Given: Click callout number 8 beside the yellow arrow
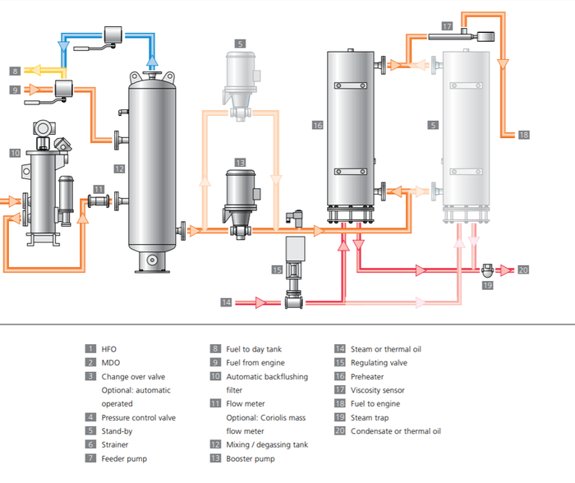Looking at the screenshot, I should (x=16, y=71).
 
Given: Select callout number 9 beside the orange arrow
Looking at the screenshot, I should (x=16, y=90).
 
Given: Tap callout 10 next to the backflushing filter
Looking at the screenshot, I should (x=15, y=153).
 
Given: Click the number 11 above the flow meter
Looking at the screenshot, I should (x=99, y=189).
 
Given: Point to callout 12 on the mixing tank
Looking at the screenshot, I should (x=119, y=169).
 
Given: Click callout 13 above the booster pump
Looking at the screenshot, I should (x=240, y=163).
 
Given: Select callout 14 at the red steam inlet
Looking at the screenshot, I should (x=226, y=302).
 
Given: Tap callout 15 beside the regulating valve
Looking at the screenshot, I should (x=277, y=269).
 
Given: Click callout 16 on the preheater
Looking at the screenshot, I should (x=318, y=125).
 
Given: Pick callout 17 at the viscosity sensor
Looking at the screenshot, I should (x=447, y=26).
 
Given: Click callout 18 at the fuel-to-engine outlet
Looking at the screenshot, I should (x=524, y=136).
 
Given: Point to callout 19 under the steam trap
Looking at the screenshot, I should (x=487, y=285).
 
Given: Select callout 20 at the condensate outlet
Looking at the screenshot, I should (x=524, y=269).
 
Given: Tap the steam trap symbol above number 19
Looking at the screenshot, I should (x=487, y=269).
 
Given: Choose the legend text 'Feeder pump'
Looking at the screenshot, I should (x=124, y=458).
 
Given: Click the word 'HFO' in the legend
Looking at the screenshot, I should (x=109, y=349).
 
